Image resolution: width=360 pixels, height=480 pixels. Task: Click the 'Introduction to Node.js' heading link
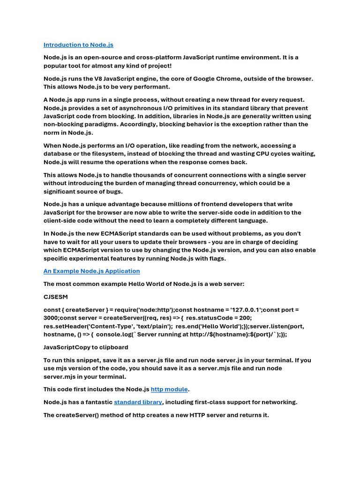click(78, 45)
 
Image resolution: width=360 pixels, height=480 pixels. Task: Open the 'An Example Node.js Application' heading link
click(91, 271)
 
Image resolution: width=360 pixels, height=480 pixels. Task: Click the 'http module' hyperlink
click(169, 389)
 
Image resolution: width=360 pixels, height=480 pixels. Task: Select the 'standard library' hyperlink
click(138, 402)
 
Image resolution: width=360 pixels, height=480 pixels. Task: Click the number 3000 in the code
click(51, 318)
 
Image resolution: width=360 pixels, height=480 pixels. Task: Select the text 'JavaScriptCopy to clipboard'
click(86, 347)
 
